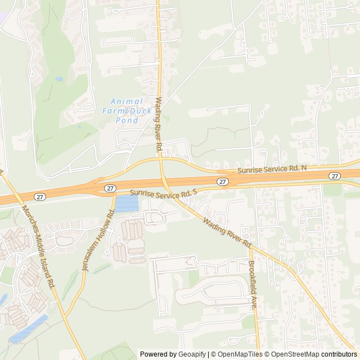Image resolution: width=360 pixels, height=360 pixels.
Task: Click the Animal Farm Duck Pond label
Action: (127, 110)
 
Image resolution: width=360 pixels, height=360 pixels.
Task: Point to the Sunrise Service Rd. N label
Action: (272, 169)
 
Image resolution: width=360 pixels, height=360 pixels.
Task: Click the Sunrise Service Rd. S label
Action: (164, 193)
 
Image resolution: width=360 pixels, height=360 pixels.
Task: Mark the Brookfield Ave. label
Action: (253, 283)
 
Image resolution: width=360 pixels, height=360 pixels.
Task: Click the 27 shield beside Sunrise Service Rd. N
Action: (223, 181)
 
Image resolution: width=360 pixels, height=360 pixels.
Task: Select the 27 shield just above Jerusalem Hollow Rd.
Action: (110, 188)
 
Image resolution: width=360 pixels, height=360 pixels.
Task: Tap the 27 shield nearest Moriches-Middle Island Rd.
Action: (39, 196)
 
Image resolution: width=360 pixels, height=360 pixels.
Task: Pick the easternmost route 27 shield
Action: (335, 176)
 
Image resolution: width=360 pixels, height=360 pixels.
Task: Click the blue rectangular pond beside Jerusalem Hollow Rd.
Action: (127, 203)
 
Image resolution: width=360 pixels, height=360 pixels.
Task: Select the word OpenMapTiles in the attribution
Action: (239, 354)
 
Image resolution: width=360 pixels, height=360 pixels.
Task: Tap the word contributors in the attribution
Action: (339, 354)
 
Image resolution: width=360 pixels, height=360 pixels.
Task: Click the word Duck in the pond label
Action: (141, 111)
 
